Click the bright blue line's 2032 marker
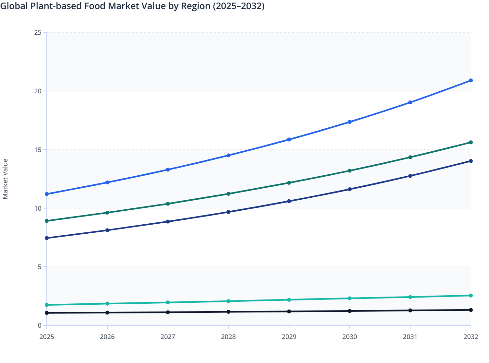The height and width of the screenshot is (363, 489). tap(471, 80)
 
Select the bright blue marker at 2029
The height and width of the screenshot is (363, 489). tap(289, 140)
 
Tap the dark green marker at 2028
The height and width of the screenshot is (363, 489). tap(228, 194)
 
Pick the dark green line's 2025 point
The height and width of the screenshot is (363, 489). tap(47, 221)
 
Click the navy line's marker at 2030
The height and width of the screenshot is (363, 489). tap(350, 189)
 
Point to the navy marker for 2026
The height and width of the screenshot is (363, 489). tap(107, 230)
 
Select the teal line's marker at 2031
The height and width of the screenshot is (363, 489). tap(410, 297)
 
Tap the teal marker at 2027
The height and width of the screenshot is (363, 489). tap(168, 302)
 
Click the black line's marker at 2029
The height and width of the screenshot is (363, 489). tap(289, 311)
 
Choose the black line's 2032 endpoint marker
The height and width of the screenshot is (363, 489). tap(471, 310)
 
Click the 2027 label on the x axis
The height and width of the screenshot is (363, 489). tap(168, 337)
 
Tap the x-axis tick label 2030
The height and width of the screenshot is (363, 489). tap(350, 337)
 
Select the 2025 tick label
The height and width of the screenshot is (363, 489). tap(47, 337)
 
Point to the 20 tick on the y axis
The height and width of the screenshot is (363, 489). tap(38, 91)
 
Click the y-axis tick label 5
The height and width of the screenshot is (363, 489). tap(40, 267)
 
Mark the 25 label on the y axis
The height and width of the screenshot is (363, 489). tap(38, 32)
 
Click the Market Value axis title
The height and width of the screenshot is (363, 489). tap(5, 179)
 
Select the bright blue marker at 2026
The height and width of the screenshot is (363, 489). tap(107, 182)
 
